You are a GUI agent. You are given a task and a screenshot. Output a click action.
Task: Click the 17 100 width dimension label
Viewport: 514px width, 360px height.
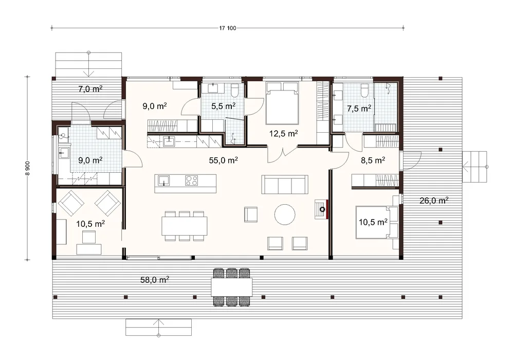(x=228, y=28)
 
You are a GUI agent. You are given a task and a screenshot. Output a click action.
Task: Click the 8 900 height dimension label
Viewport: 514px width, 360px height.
(x=28, y=168)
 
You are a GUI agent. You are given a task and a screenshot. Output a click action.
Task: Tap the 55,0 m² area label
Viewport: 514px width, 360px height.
(x=223, y=160)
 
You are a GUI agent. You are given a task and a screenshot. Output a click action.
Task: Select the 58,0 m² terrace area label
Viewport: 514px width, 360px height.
(x=155, y=280)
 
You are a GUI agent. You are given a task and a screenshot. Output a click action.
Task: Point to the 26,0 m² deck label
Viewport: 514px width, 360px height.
(x=434, y=201)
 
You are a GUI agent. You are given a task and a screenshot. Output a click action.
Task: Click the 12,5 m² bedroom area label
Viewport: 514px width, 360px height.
(x=284, y=133)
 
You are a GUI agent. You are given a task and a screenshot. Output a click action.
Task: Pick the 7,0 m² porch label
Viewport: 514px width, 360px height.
(x=90, y=88)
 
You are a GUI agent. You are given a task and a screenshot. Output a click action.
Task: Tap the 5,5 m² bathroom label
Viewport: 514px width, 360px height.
(x=223, y=106)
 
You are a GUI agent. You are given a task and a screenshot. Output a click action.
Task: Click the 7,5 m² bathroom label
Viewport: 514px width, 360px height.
(x=359, y=108)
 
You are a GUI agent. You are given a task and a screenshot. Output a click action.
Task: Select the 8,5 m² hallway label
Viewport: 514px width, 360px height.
(x=373, y=160)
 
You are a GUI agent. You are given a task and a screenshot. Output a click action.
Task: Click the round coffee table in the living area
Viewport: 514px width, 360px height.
(x=285, y=214)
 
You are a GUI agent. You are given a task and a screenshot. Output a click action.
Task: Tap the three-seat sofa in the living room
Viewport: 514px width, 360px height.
(x=285, y=185)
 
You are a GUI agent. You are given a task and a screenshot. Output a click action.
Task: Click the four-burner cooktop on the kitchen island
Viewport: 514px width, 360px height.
(x=191, y=181)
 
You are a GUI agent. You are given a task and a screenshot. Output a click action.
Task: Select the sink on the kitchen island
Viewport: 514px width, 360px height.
(x=163, y=181)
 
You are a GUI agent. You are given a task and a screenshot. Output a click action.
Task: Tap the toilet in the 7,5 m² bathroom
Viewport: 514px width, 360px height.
(x=364, y=91)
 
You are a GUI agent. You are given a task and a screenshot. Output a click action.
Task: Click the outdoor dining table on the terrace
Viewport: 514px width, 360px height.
(x=232, y=287)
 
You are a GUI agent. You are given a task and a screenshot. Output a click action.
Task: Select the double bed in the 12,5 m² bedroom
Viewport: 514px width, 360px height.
(x=282, y=103)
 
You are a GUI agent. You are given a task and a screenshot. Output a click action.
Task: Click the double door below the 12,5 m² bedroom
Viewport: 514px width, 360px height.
(x=283, y=156)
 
